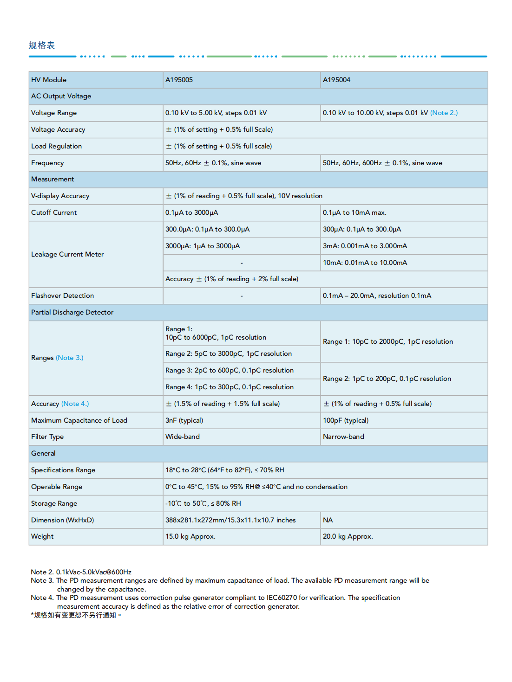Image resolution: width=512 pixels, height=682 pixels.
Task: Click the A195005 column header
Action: click(x=179, y=80)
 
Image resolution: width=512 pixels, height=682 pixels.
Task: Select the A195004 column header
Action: click(x=336, y=80)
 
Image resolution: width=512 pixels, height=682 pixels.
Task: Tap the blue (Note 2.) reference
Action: click(x=444, y=113)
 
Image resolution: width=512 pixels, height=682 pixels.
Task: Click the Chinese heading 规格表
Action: click(x=42, y=45)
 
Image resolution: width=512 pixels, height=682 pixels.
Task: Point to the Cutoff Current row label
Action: click(x=54, y=212)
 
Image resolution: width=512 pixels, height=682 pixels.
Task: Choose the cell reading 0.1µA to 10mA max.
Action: click(x=354, y=212)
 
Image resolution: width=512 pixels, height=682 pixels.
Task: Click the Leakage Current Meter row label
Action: click(x=67, y=254)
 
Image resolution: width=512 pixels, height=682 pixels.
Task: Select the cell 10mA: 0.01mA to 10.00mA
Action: click(x=365, y=263)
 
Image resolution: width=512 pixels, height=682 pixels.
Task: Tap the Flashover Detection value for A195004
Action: click(x=377, y=296)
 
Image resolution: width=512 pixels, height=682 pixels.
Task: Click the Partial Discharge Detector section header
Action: click(x=72, y=312)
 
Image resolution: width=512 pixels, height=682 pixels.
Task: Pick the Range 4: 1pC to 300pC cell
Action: click(x=230, y=387)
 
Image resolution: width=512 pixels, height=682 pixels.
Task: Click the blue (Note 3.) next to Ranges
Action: click(x=70, y=358)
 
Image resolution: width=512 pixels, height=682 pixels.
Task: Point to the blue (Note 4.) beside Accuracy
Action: click(x=75, y=404)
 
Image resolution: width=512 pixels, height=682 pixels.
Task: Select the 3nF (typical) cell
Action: click(x=184, y=420)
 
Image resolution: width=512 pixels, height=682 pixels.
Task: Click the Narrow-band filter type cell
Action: click(x=343, y=437)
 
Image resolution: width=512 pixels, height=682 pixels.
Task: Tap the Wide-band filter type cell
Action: click(x=183, y=437)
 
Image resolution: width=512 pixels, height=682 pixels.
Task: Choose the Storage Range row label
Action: click(x=54, y=503)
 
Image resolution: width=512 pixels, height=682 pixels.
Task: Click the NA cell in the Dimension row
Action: click(x=328, y=520)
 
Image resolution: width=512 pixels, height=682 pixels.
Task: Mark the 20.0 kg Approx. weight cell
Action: click(x=348, y=536)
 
